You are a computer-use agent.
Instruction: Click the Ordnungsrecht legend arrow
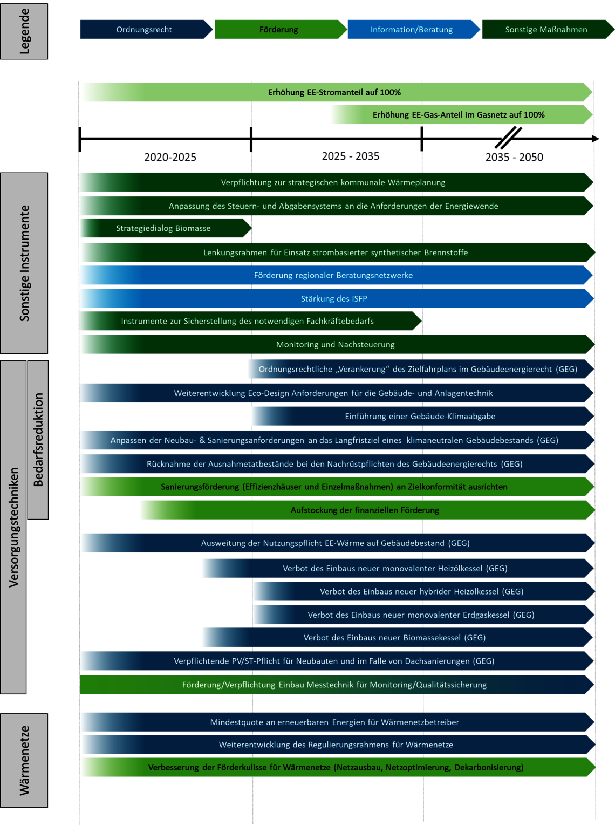(x=146, y=30)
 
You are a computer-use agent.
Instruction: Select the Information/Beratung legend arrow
(x=413, y=30)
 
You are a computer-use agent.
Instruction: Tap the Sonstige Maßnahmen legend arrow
(x=548, y=30)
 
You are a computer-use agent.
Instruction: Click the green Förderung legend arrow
(x=281, y=30)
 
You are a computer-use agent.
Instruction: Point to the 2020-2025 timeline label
(x=170, y=157)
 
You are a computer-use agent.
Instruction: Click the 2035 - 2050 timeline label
(x=514, y=157)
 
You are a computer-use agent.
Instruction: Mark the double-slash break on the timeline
(x=508, y=138)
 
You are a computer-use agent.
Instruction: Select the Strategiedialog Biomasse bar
(x=166, y=228)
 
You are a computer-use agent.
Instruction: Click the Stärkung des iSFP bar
(x=337, y=298)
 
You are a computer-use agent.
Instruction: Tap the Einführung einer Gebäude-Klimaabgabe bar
(x=423, y=416)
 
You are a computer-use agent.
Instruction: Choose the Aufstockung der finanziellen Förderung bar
(x=368, y=510)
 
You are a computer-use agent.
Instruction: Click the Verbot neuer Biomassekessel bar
(x=398, y=637)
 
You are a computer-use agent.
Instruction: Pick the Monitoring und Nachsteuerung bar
(x=338, y=344)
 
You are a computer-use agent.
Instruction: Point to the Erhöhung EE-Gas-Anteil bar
(x=462, y=114)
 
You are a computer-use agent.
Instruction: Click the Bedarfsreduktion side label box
(x=38, y=440)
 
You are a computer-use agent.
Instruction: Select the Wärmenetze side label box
(x=24, y=761)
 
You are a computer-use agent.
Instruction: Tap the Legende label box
(x=24, y=31)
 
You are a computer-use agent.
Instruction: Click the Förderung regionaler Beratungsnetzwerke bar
(x=337, y=275)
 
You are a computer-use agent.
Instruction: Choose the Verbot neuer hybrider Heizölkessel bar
(x=424, y=591)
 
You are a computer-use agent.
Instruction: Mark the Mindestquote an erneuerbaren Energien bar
(x=338, y=722)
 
